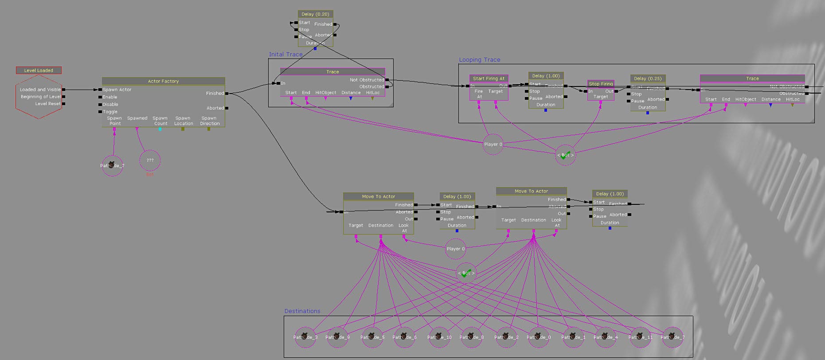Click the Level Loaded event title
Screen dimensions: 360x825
(39, 70)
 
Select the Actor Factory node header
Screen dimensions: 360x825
(163, 81)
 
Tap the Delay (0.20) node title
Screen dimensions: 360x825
(315, 14)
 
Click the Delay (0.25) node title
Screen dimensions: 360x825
(648, 78)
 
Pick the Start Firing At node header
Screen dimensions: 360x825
(489, 78)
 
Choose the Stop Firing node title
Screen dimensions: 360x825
(601, 84)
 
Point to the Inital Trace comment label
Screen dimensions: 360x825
(286, 55)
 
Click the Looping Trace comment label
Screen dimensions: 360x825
(480, 60)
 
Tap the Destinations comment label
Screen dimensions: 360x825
(302, 311)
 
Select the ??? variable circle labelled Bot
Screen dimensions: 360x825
(150, 160)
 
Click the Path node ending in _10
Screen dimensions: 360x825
(439, 337)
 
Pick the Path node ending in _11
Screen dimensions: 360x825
(640, 337)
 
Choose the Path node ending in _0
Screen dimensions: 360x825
(539, 337)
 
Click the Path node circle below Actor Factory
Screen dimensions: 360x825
(112, 165)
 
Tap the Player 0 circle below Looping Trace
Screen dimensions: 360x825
(493, 144)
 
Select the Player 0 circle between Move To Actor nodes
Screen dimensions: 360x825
(456, 249)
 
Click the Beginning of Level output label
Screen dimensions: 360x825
(41, 97)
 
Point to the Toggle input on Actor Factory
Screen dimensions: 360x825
(110, 112)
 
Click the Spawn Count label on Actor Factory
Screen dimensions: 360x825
(160, 121)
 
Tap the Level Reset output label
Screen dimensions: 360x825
(48, 104)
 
